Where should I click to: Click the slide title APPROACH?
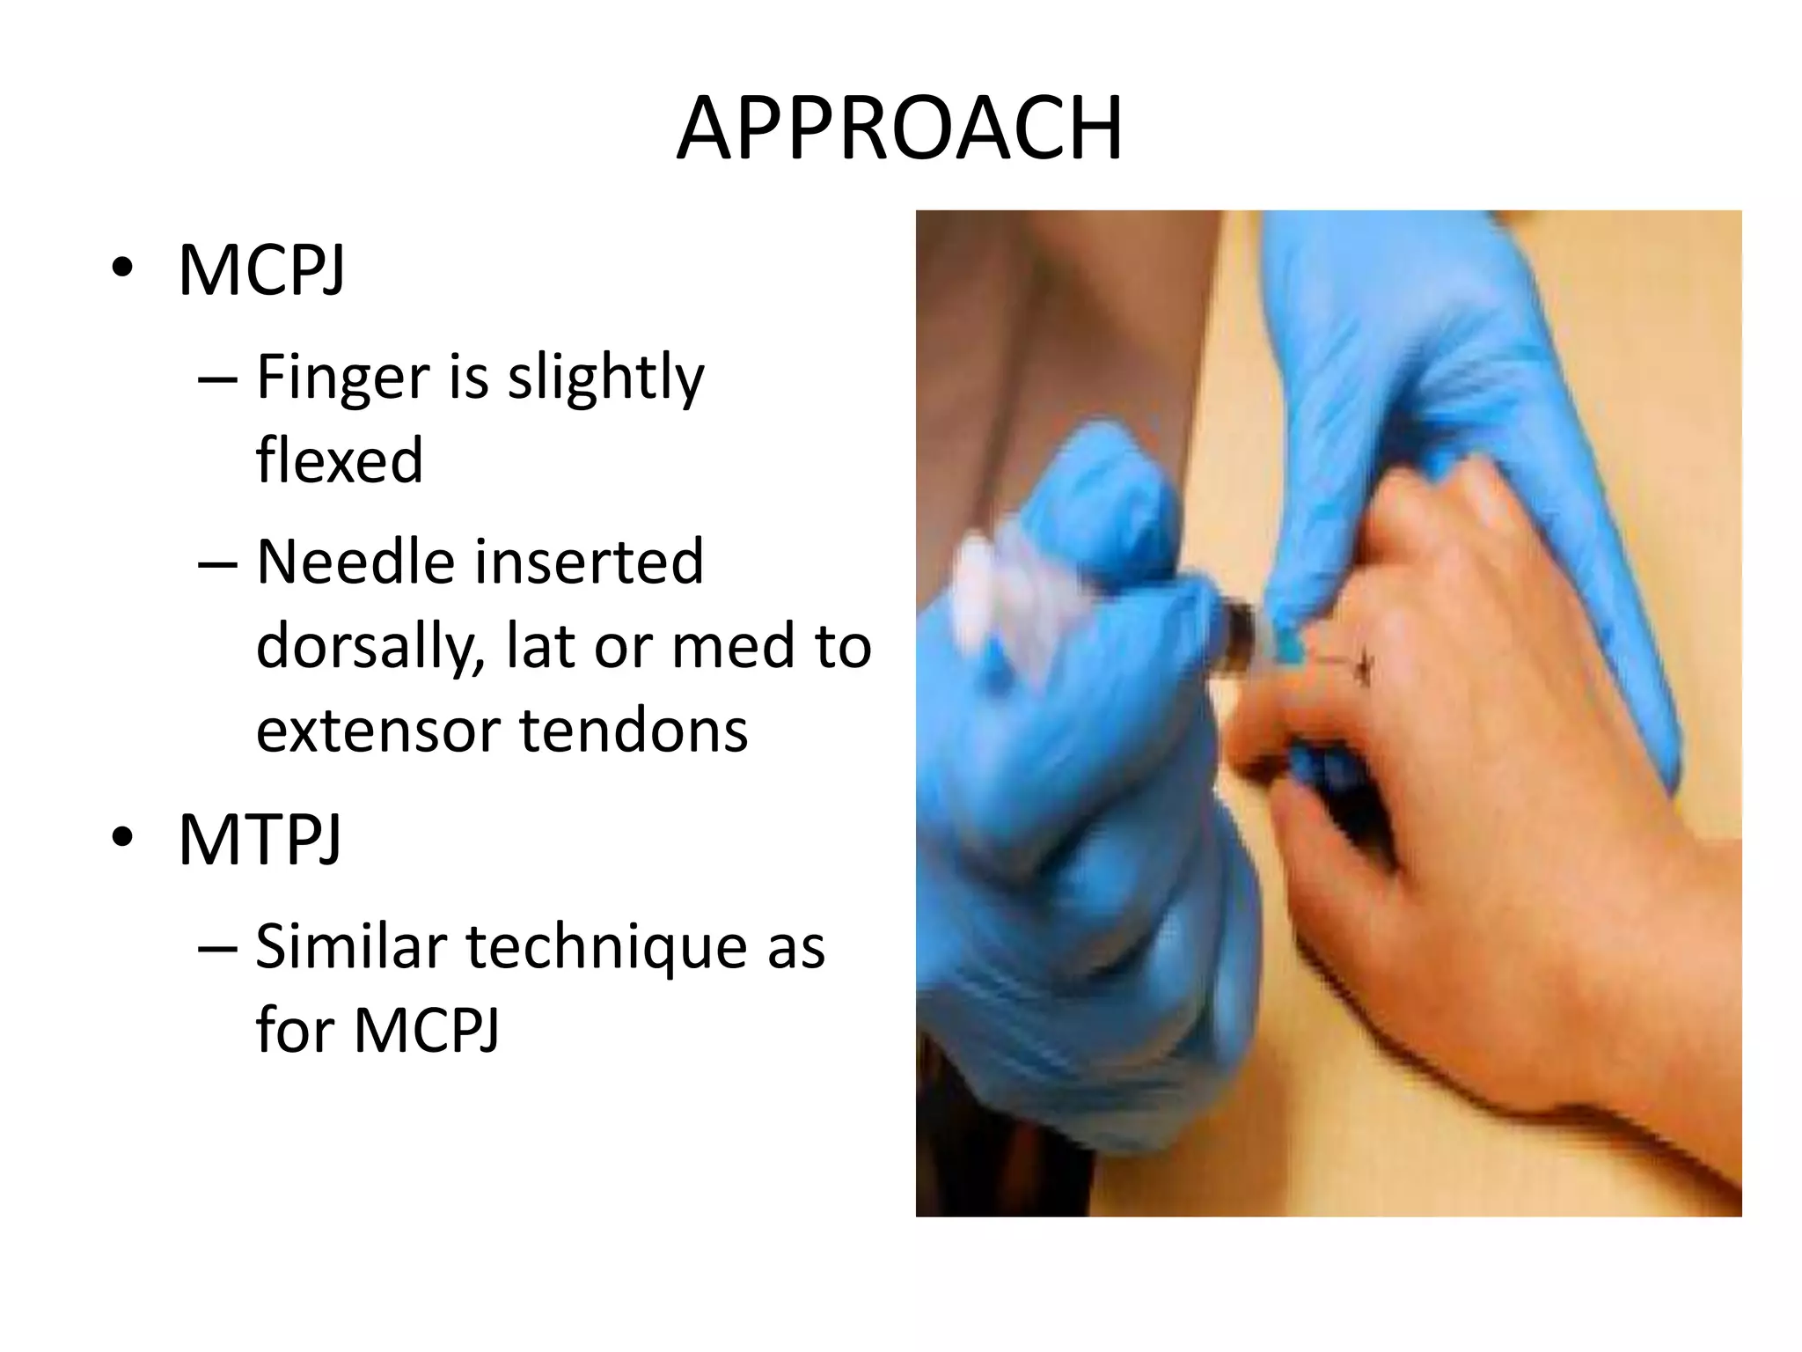click(x=899, y=129)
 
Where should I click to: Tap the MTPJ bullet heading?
click(x=260, y=840)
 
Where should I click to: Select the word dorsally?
click(x=370, y=647)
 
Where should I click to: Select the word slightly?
click(x=606, y=378)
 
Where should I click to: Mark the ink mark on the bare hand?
click(x=1363, y=666)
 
